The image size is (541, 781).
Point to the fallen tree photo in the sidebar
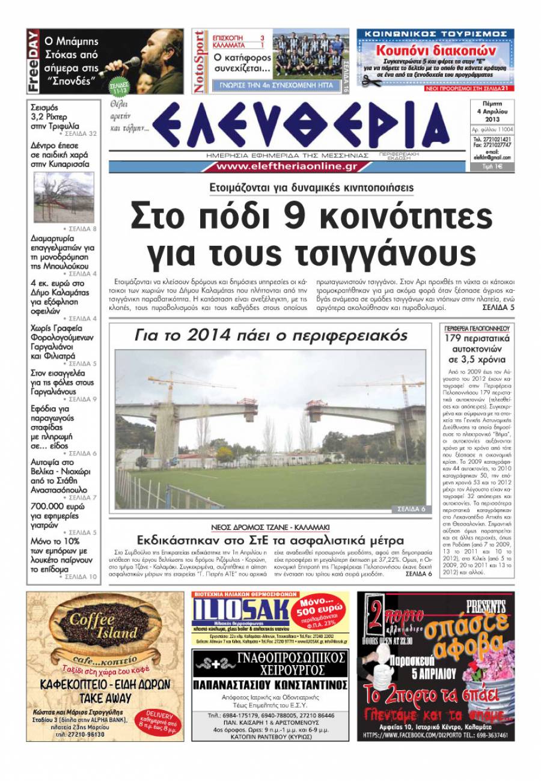[64, 198]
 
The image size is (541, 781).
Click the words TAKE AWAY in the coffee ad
[105, 699]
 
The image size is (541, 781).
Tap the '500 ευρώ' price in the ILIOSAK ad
[327, 612]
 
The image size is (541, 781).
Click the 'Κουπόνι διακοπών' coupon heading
[435, 50]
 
